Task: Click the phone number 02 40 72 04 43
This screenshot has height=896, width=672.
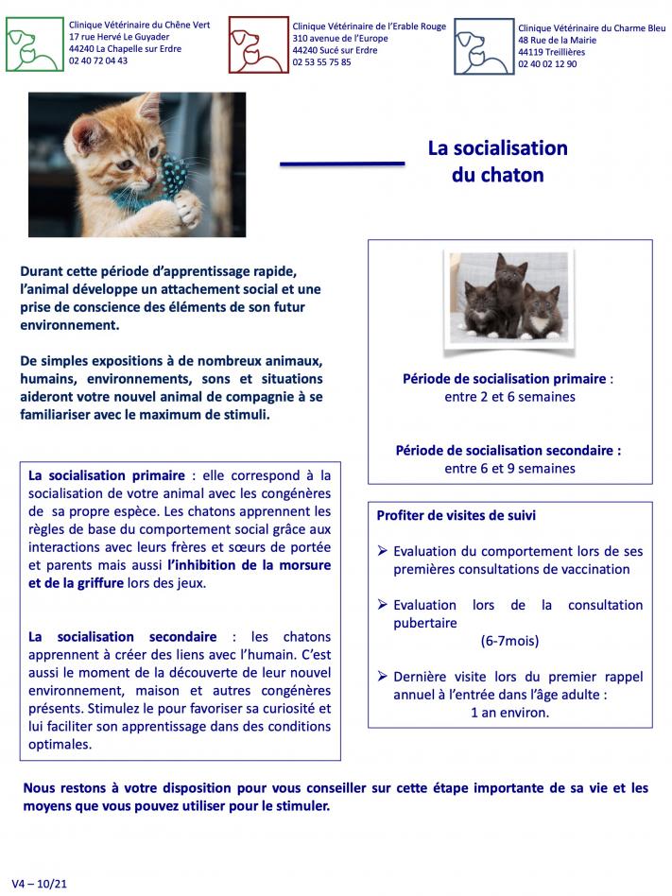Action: (99, 60)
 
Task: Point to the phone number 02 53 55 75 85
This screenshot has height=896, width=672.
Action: (321, 62)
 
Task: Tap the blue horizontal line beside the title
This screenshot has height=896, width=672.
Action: (342, 164)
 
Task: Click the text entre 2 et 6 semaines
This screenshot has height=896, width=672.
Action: (509, 397)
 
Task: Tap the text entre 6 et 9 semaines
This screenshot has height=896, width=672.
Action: (509, 468)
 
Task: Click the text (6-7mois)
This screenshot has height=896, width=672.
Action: (509, 640)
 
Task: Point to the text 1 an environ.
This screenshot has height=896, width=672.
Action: (509, 712)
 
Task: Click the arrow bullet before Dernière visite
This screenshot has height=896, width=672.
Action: (382, 677)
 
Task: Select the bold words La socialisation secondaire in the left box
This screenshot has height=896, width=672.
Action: (123, 637)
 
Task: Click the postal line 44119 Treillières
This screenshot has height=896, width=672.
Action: (551, 52)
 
